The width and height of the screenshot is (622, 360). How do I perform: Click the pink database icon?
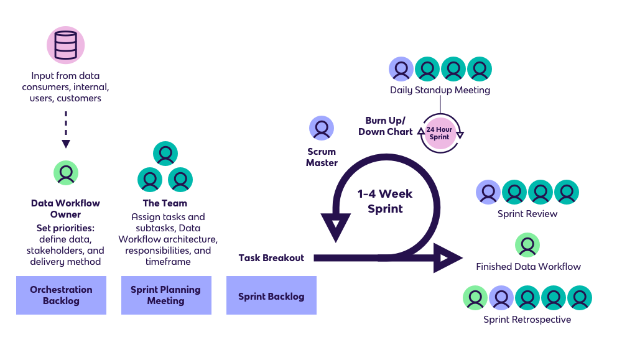pos(66,45)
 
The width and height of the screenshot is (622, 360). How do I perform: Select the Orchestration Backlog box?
pos(61,295)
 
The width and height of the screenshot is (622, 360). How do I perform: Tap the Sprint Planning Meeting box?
pos(165,295)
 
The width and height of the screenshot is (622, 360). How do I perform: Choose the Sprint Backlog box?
pos(271,296)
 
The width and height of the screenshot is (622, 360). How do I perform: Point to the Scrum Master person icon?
pos(322,129)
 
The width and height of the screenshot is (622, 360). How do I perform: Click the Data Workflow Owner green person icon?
pos(66,173)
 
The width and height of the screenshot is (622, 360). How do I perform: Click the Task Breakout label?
pos(271,257)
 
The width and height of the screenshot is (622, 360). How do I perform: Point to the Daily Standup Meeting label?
pos(440,90)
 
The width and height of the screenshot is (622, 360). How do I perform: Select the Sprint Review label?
pos(527,214)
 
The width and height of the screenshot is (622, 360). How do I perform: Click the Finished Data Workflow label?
pos(528,267)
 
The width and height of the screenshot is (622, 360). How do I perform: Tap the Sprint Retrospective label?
pos(527,320)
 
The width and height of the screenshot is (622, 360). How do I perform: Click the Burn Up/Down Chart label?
pos(386,126)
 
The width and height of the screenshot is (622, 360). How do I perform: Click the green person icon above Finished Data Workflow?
pos(527,245)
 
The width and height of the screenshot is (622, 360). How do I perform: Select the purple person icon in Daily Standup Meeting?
pos(401,69)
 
